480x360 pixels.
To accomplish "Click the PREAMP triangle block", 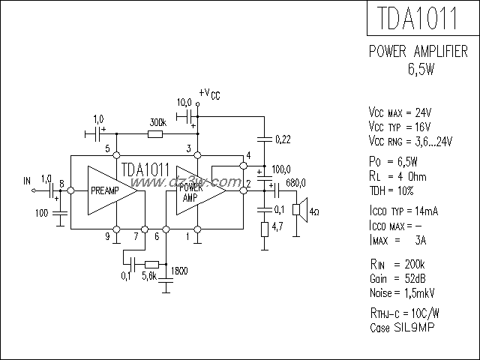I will click(x=109, y=191).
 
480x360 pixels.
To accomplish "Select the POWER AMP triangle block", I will click(x=196, y=191).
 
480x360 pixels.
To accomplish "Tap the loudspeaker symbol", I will click(x=298, y=209).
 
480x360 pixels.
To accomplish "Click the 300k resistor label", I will click(x=157, y=122).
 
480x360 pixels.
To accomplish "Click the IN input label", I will click(x=28, y=181).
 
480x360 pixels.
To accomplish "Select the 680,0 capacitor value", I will click(x=296, y=181).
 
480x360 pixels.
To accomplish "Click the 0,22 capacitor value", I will click(x=283, y=139).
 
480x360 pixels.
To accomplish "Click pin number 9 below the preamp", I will click(x=107, y=237).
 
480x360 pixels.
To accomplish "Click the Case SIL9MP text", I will click(x=402, y=328).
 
